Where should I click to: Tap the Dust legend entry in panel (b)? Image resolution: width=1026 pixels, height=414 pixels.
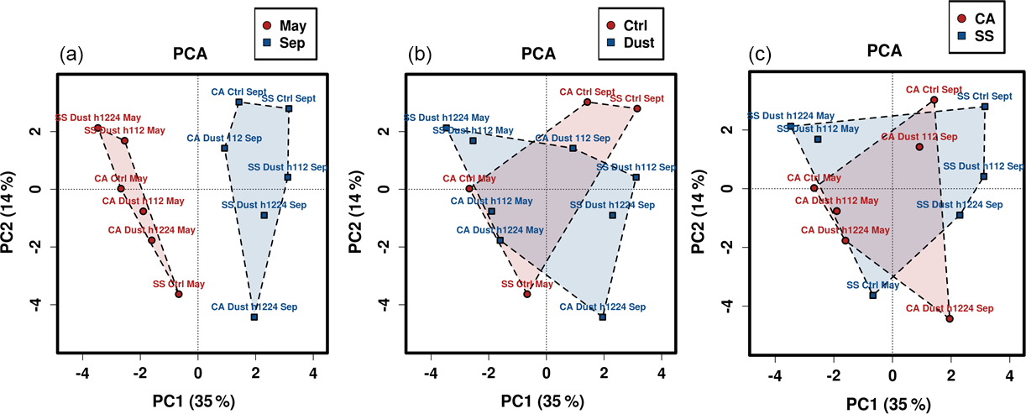[x=630, y=43]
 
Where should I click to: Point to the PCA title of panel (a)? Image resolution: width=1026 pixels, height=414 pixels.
[x=190, y=55]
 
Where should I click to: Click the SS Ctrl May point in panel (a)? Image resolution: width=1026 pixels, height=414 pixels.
[x=178, y=294]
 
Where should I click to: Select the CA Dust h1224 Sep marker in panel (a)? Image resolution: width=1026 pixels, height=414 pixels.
[x=254, y=317]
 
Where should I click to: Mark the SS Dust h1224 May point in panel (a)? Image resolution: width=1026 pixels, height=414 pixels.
[x=97, y=128]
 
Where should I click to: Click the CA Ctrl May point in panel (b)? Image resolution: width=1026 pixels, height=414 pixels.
[x=469, y=188]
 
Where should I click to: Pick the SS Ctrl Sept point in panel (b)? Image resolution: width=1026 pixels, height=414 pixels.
[x=637, y=108]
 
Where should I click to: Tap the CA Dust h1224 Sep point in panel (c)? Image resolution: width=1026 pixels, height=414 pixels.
[x=950, y=319]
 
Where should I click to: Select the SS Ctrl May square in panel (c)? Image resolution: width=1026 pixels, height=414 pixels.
[x=872, y=295]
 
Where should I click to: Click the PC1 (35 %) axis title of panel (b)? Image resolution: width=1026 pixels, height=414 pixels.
[x=546, y=400]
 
